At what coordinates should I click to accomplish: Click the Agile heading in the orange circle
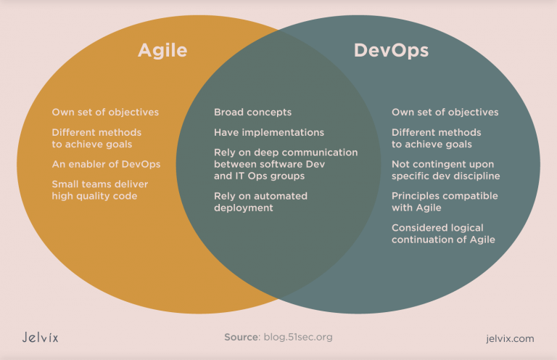162,50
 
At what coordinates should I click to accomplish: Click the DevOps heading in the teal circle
391,50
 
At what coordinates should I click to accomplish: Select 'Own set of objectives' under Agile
105,112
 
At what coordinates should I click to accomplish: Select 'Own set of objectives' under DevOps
445,112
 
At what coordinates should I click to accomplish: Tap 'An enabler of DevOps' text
106,164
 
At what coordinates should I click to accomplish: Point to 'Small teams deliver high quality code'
100,190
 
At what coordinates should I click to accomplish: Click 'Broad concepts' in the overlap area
252,112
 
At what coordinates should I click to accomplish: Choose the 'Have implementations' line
268,133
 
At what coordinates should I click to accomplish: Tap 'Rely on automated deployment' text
260,202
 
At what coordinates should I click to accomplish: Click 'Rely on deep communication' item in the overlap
285,153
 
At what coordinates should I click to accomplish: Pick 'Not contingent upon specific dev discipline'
445,170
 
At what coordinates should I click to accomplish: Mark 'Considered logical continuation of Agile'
443,234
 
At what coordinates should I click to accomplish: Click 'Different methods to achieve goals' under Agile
96,138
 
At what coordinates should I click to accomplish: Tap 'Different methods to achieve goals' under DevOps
436,138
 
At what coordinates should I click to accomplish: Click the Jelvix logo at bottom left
40,337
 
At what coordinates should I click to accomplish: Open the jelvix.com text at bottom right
509,338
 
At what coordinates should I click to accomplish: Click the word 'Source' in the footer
242,337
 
